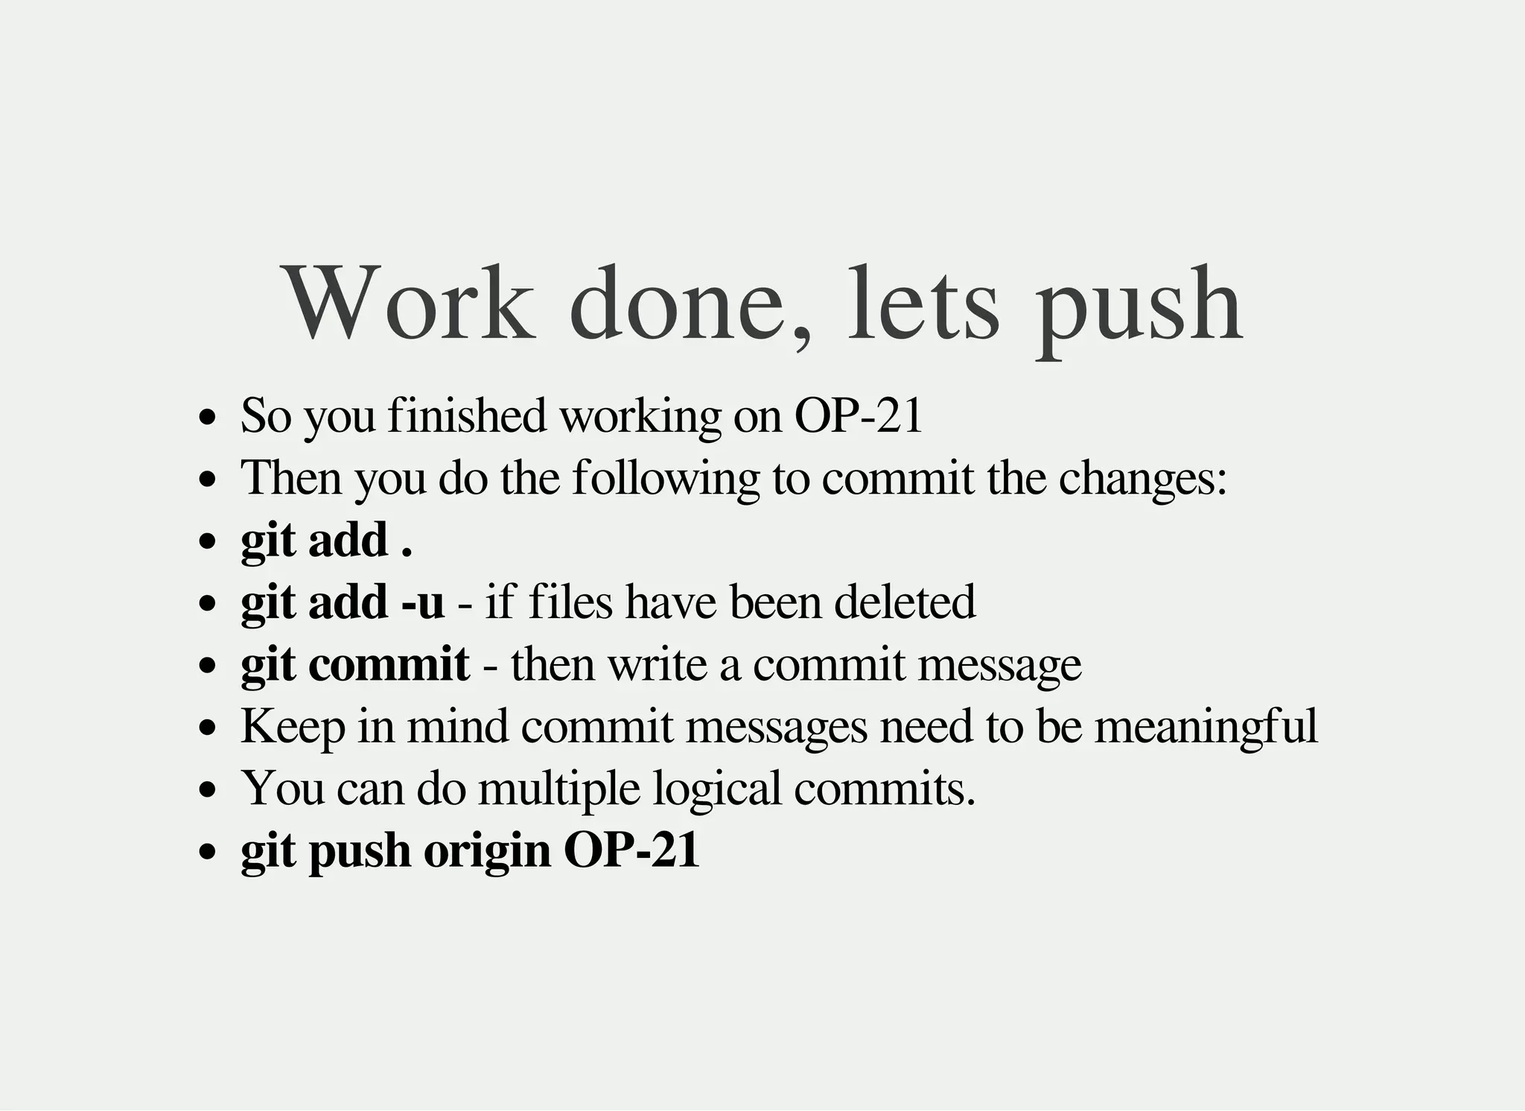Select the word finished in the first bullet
pos(468,416)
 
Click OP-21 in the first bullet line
pos(859,416)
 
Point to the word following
pos(666,478)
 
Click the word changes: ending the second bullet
pos(1142,480)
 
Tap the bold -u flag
pos(422,602)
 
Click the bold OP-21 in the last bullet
pos(631,850)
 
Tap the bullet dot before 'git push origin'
pos(208,850)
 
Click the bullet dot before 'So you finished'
pos(208,416)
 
